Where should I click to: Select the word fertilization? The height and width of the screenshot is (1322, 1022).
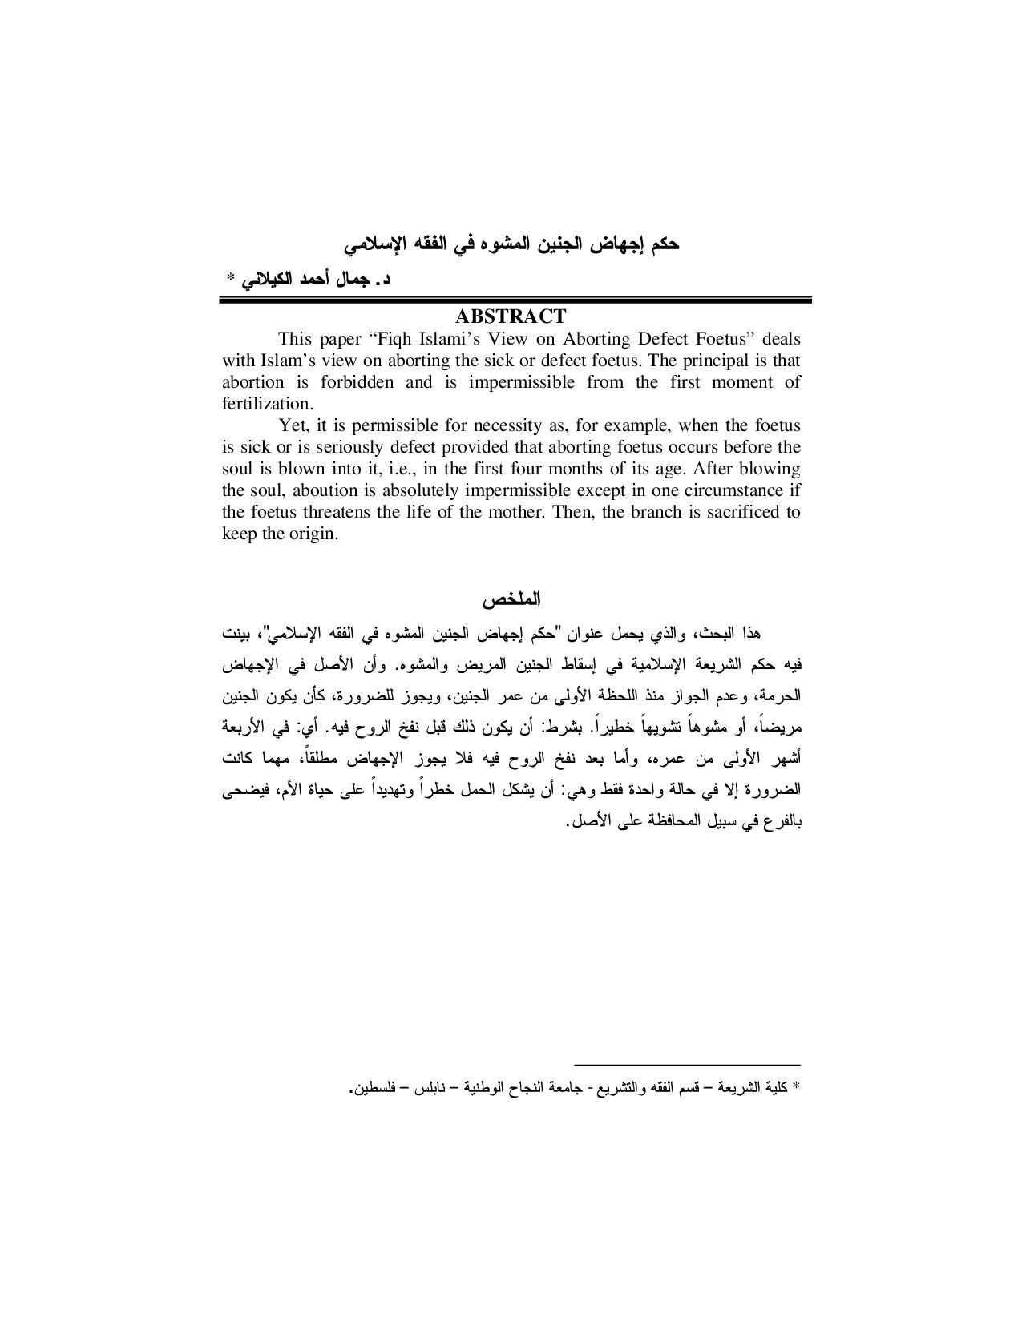pyautogui.click(x=265, y=403)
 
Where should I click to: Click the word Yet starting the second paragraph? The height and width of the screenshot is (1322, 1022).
pyautogui.click(x=292, y=425)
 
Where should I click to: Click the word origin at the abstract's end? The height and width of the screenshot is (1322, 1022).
pyautogui.click(x=314, y=534)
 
